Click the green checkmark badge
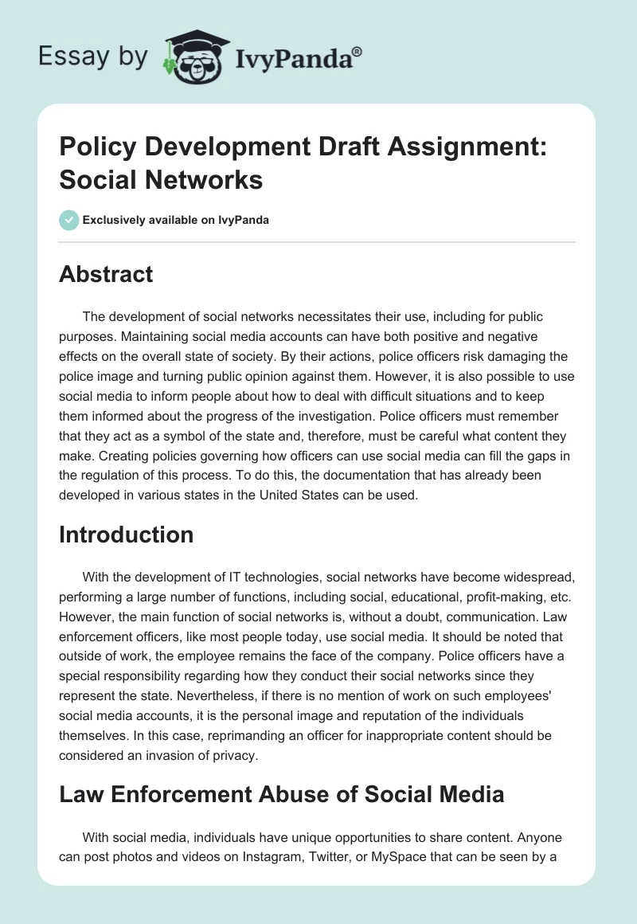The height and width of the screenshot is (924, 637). (68, 220)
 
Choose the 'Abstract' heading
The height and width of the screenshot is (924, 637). (106, 274)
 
